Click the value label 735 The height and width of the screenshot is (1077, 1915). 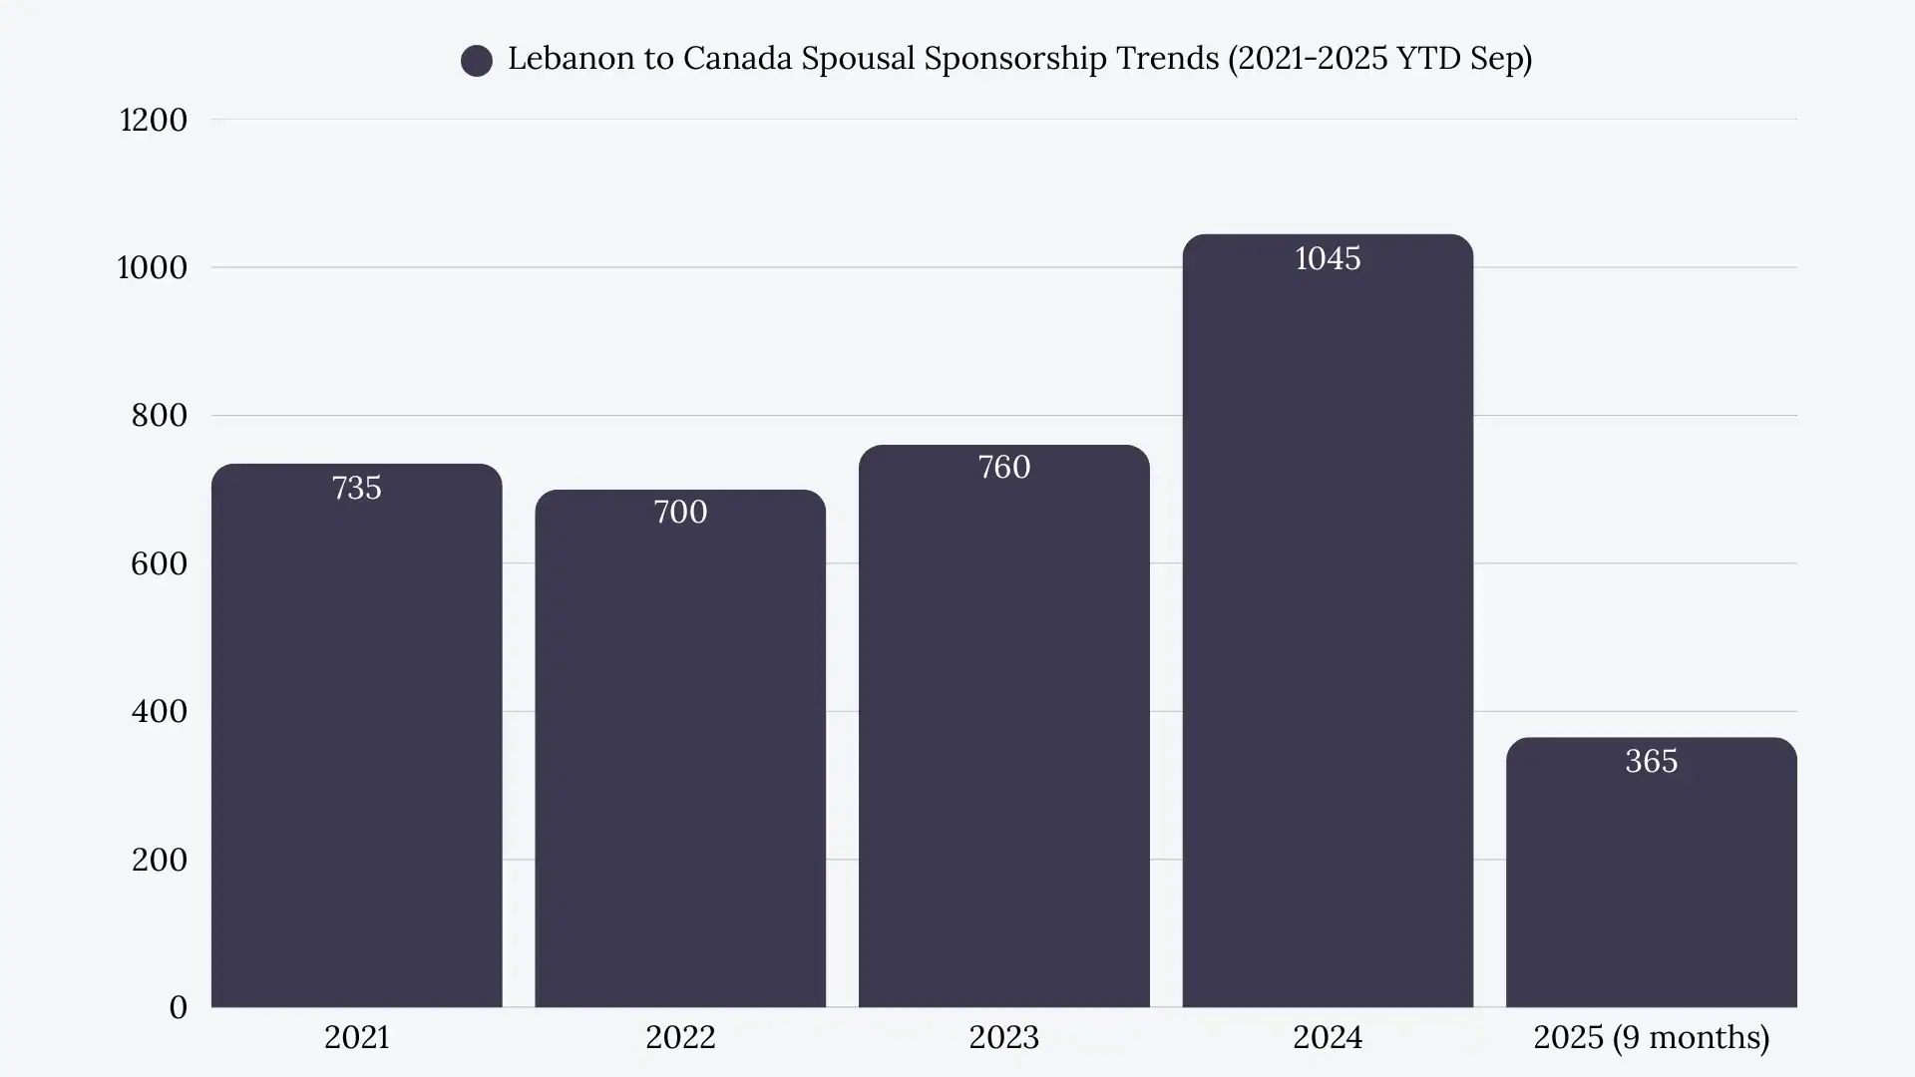click(356, 488)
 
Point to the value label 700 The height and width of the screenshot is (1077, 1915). click(680, 512)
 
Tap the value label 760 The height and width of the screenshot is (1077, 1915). click(1003, 467)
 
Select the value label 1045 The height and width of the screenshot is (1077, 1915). click(1328, 258)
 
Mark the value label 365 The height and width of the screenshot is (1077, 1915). click(1651, 761)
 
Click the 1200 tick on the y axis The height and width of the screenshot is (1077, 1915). click(154, 120)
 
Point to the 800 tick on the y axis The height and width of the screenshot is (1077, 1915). click(160, 415)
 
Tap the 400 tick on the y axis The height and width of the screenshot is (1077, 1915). click(160, 711)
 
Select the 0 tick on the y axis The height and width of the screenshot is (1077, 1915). click(178, 1007)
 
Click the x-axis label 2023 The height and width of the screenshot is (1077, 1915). click(1003, 1037)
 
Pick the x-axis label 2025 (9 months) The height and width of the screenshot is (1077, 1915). click(1651, 1037)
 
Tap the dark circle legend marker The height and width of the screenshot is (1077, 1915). click(477, 61)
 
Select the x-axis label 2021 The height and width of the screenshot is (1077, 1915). click(356, 1037)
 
